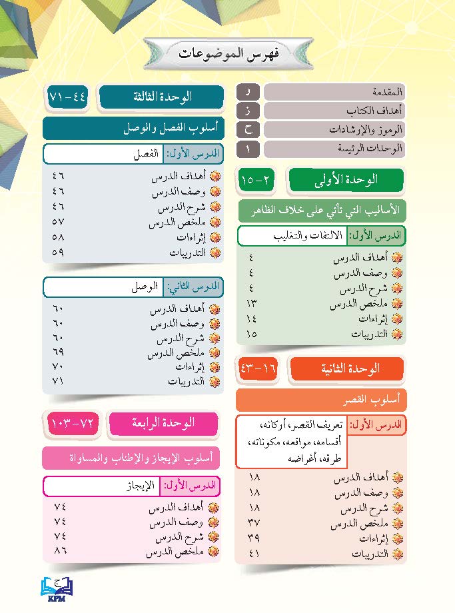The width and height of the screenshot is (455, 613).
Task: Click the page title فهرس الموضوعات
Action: pos(228,53)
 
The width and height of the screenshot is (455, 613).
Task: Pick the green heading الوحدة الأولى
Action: pos(346,179)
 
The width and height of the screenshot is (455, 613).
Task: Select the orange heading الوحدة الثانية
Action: pos(346,368)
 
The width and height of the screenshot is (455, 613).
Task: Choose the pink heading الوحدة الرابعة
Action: pos(163,422)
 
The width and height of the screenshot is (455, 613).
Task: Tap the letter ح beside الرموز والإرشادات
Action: pos(248,129)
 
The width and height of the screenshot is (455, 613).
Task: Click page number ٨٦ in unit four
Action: pos(59,552)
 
